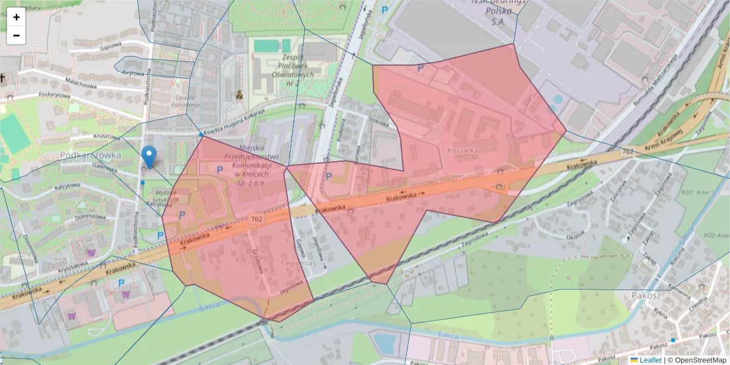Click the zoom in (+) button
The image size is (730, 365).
pyautogui.click(x=16, y=17)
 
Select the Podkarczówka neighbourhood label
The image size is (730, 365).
pyautogui.click(x=91, y=155)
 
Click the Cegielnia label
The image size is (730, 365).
pyautogui.click(x=297, y=263)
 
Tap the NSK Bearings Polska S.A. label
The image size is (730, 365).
pyautogui.click(x=498, y=11)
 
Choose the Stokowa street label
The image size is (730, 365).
pyautogui.click(x=378, y=120)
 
